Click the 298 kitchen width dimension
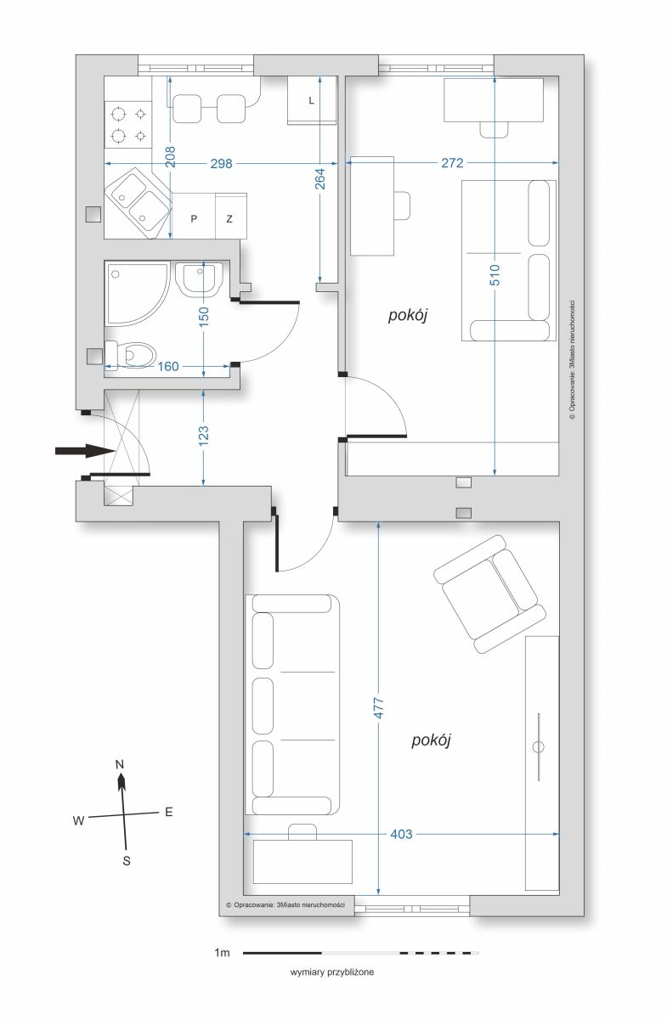coord(221,163)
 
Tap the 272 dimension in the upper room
coord(452,162)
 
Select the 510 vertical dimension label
coord(495,275)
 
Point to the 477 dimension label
coord(378,708)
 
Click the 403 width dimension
coord(401,834)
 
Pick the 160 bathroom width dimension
coord(168,366)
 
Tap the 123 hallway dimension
coord(204,436)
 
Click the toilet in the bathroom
coord(131,353)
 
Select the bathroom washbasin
coord(199,279)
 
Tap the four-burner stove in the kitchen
coord(128,124)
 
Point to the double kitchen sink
coord(138,203)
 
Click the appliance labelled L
coord(312,100)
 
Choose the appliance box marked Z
coord(231,216)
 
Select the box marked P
coord(194,216)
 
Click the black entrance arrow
coord(84,451)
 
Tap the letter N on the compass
coord(120,765)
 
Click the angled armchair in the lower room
coord(490,594)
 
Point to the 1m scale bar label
coord(222,953)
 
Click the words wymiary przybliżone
coord(332,972)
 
